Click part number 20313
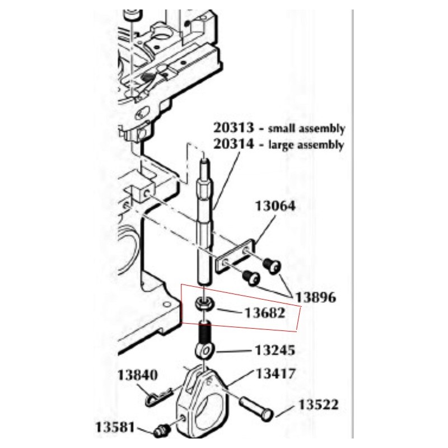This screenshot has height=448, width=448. (x=234, y=128)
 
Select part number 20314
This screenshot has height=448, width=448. (x=234, y=144)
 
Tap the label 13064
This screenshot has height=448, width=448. (x=275, y=206)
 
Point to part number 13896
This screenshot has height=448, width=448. (x=315, y=297)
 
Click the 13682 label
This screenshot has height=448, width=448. (x=265, y=313)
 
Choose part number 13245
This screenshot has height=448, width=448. (x=274, y=350)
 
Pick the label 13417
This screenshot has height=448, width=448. (x=275, y=374)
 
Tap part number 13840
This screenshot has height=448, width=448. (x=137, y=375)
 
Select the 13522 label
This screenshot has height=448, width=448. (x=318, y=404)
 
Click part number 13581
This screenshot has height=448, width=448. (x=115, y=427)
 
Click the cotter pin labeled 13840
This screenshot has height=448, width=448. (x=158, y=396)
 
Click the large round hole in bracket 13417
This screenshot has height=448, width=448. (x=212, y=409)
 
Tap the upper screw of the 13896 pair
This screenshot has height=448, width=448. (x=272, y=265)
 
